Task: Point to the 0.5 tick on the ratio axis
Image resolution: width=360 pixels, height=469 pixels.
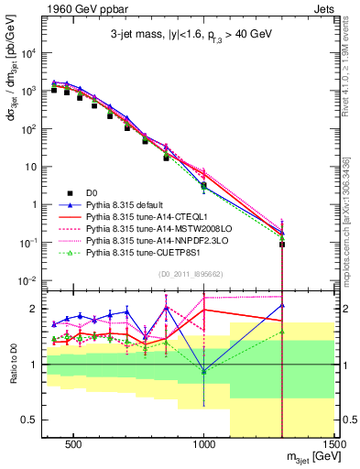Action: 30,420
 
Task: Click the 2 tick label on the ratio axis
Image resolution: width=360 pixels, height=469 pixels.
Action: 35,308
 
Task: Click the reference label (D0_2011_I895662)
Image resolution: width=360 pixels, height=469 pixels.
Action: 188,274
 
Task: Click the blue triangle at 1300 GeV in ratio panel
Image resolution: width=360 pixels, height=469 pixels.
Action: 282,305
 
